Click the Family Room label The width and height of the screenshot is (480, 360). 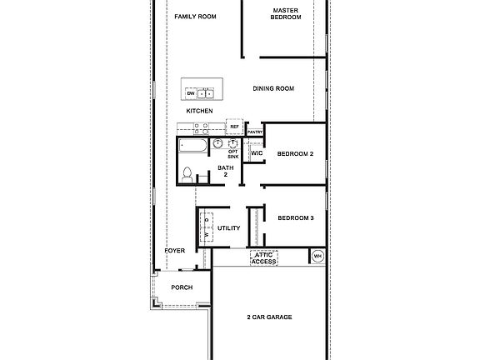[196, 16]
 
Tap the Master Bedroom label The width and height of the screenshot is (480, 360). [286, 14]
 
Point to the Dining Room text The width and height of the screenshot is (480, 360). [274, 88]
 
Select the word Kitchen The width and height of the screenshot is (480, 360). [200, 111]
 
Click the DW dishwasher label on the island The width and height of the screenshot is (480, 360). [191, 93]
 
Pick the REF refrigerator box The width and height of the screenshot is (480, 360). [234, 127]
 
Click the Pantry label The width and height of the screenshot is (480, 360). [255, 132]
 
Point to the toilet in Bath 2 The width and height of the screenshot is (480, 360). [188, 175]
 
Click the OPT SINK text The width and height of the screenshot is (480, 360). [233, 153]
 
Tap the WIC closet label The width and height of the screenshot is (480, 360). [257, 154]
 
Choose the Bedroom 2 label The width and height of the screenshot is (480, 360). [295, 154]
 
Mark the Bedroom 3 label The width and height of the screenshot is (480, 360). [295, 218]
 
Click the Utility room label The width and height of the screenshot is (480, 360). [228, 228]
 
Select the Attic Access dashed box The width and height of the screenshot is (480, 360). [264, 258]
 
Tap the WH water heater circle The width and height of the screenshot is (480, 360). [317, 255]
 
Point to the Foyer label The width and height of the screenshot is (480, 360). [174, 251]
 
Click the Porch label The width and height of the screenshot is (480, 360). [182, 287]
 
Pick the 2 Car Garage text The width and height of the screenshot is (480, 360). [269, 317]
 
